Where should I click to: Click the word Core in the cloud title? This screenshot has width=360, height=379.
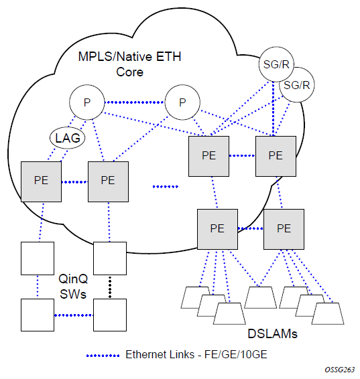point(129,72)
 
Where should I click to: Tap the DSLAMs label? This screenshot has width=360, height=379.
point(272,333)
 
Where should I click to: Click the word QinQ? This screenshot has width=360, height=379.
point(73,279)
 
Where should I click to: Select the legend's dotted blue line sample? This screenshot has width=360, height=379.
point(103,356)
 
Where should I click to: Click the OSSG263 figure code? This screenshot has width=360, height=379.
point(340,370)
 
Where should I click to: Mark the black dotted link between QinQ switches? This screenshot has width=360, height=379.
point(110,287)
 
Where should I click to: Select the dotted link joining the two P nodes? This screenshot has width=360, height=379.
point(135,102)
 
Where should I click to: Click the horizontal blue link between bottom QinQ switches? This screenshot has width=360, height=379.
point(74,315)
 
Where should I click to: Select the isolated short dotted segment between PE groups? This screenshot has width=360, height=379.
point(166,187)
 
